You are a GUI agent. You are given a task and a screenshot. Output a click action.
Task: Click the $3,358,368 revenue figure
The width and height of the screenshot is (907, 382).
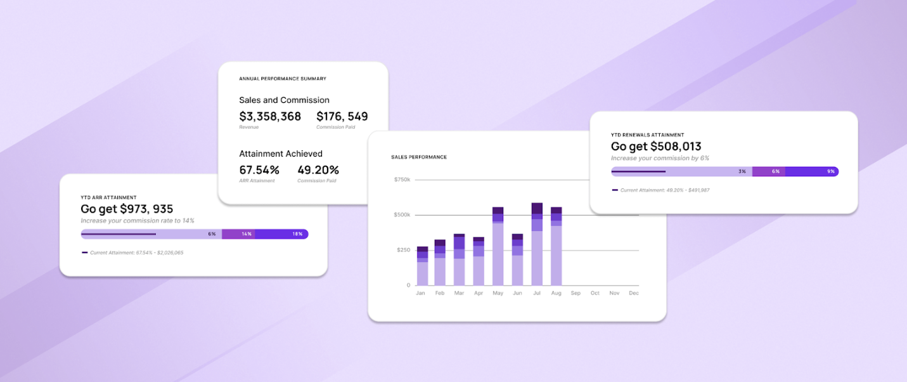click(270, 116)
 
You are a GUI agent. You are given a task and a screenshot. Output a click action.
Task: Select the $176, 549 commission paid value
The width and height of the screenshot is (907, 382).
click(342, 116)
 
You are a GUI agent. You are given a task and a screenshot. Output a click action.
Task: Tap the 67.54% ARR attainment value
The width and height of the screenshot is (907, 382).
click(259, 170)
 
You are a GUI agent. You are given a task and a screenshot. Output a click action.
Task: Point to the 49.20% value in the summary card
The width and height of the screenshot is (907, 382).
click(318, 170)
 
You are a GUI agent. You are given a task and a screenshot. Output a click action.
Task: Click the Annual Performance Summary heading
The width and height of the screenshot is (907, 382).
click(283, 79)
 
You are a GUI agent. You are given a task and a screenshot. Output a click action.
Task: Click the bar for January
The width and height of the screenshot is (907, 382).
click(422, 266)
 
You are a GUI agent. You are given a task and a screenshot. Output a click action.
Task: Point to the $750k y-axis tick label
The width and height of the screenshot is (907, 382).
click(402, 180)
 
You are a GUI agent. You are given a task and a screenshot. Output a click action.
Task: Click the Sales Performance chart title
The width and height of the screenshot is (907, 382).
click(419, 157)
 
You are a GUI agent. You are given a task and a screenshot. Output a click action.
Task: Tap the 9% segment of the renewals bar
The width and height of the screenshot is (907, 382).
click(812, 171)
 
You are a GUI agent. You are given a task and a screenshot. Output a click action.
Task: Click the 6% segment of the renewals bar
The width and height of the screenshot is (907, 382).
click(768, 171)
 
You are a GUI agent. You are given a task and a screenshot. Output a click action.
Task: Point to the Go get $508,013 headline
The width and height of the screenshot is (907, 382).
click(655, 147)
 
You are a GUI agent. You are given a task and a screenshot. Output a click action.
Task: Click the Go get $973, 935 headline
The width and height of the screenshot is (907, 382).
click(127, 209)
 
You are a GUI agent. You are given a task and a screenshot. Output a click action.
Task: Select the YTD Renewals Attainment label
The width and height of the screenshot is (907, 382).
click(647, 135)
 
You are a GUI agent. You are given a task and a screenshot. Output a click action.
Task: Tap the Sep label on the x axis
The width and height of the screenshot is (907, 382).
click(576, 293)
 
